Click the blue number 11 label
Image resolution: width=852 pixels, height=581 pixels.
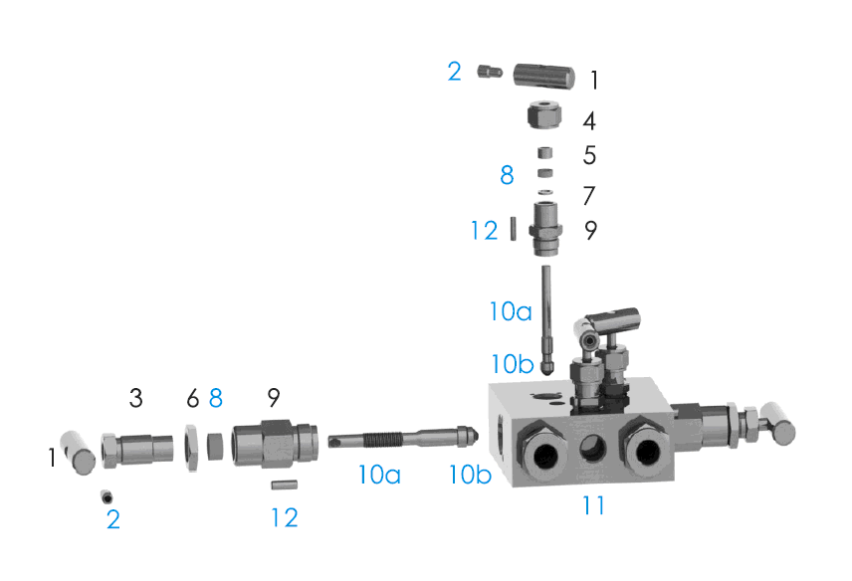pos(593,506)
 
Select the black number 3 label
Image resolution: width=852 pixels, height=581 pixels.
pos(135,398)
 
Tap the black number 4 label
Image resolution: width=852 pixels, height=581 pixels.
pos(589,121)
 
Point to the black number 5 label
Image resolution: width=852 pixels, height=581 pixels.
pos(589,155)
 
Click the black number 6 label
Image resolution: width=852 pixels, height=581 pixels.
pos(193,399)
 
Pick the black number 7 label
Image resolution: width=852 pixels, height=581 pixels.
pos(589,196)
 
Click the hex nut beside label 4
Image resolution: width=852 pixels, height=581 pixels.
pos(544,115)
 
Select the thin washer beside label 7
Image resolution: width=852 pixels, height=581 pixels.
pos(545,192)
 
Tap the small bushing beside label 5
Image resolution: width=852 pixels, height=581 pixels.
pos(545,152)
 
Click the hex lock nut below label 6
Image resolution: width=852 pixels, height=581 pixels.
pos(191,448)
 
